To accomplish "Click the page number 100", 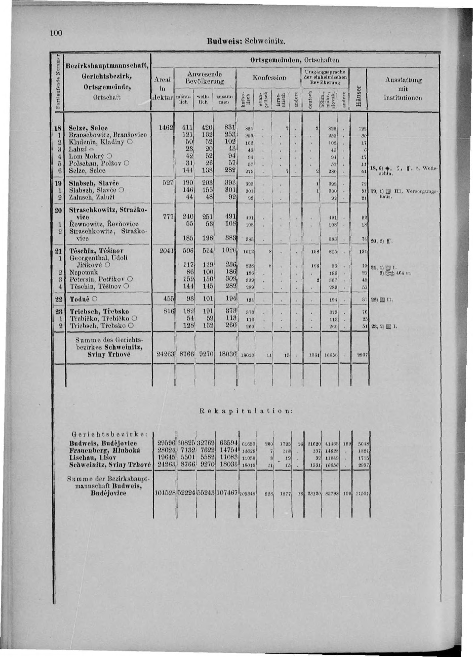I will point(56,33).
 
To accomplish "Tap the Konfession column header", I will point(269,78).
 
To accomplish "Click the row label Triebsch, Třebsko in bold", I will point(99,312).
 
